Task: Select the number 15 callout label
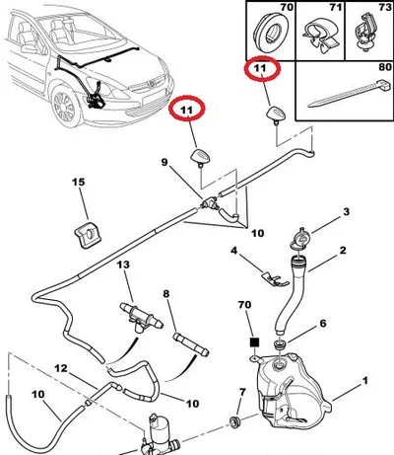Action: tap(79, 182)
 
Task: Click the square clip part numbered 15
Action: tap(88, 234)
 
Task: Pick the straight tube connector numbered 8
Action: tap(191, 344)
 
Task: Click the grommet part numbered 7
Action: tap(234, 422)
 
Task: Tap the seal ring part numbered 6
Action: tap(280, 345)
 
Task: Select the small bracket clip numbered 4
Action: tap(275, 278)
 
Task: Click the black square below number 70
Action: tap(254, 342)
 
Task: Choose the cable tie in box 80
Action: tap(348, 93)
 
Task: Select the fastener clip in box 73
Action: tap(364, 32)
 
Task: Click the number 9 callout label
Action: tap(164, 162)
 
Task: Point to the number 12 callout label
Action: tap(61, 368)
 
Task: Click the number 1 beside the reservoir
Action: tap(365, 381)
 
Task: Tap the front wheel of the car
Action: tap(65, 106)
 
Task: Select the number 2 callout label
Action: tap(343, 251)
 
